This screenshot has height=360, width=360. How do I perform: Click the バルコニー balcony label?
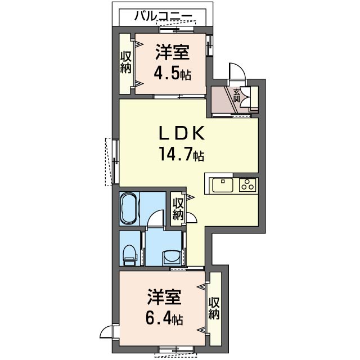[163, 16]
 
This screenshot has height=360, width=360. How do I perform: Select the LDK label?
[182, 134]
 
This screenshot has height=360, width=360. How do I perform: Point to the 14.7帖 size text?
[181, 154]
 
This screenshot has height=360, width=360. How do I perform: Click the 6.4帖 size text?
[164, 318]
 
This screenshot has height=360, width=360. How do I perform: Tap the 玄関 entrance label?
[237, 95]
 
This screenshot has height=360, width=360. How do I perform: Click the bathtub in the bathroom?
[129, 209]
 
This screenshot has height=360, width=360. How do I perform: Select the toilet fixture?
[130, 255]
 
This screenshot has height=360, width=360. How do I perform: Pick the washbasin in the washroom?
[172, 258]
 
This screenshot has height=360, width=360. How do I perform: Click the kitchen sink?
[223, 185]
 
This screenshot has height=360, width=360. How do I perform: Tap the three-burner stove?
[247, 185]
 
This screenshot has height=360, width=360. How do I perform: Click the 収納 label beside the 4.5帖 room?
[125, 62]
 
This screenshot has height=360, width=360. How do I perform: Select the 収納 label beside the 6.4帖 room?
[214, 308]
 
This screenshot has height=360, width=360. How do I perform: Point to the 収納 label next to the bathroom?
[178, 209]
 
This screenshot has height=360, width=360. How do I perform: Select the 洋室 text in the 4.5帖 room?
[173, 52]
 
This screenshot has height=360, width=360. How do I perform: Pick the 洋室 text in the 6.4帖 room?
[164, 298]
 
